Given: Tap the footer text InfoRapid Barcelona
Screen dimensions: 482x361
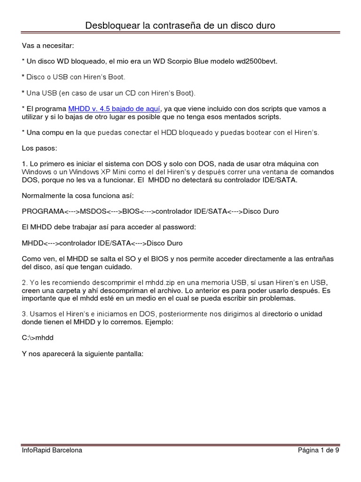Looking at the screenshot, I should coord(52,450).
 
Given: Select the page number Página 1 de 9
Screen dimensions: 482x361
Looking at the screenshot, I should coord(318,450).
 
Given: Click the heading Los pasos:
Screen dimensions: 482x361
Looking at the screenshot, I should coord(39,148).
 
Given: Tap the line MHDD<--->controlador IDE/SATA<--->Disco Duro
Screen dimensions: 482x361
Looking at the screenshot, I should coord(102,243).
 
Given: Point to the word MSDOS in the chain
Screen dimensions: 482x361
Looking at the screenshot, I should coord(94,211).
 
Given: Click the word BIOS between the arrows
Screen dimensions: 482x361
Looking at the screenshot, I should coord(131,211).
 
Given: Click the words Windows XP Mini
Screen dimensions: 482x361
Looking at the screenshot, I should coord(87,172).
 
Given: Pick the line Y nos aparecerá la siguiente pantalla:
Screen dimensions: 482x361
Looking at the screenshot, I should coord(85,353).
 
